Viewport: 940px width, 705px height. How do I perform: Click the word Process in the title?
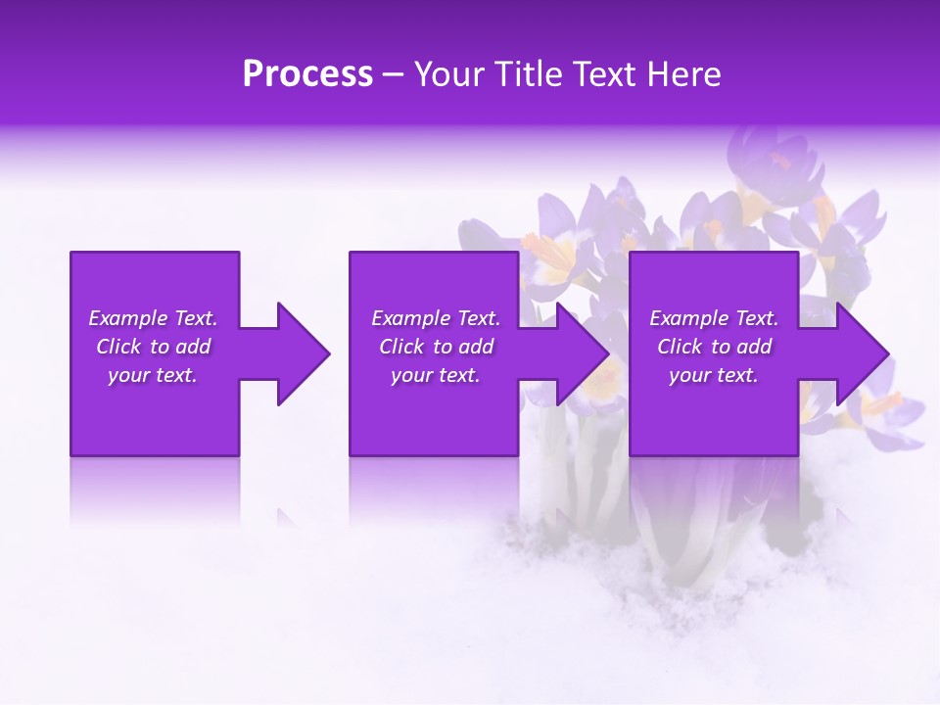(x=307, y=74)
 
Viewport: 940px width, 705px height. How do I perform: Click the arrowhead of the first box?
(x=299, y=353)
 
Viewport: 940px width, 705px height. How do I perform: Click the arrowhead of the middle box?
(x=579, y=353)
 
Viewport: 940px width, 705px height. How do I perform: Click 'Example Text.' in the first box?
(x=153, y=318)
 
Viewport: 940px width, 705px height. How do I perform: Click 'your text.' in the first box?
(x=153, y=375)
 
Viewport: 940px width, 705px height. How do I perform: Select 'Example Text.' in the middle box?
(x=436, y=318)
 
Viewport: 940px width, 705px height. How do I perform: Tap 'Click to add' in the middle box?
(x=436, y=347)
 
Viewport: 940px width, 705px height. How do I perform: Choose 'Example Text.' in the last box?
(x=714, y=318)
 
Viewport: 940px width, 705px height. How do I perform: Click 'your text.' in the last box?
(x=714, y=375)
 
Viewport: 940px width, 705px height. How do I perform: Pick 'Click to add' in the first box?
(x=153, y=347)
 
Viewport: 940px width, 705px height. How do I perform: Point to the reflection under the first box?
(x=155, y=490)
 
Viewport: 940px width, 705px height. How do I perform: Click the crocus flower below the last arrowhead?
(x=881, y=411)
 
